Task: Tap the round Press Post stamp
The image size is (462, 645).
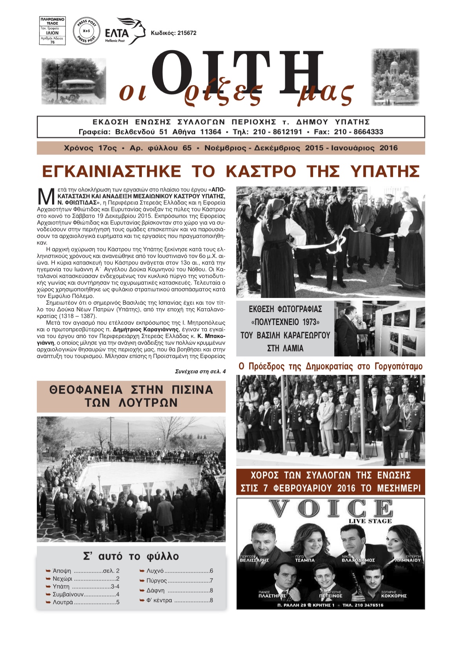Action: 85,31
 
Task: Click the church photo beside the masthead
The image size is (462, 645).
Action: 395,77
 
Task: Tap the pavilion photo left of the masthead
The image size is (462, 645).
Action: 74,81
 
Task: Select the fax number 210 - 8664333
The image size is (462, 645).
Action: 358,132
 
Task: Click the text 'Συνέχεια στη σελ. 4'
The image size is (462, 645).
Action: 200,371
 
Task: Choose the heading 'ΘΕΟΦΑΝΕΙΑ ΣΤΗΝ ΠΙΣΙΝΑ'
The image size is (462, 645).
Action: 131,390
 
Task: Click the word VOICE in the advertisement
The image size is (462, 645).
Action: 330,509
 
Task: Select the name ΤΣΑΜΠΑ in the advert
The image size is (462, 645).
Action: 304,560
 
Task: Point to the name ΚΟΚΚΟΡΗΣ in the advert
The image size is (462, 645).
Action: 393,596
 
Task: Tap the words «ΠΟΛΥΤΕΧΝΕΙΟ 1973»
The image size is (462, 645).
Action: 285,322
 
